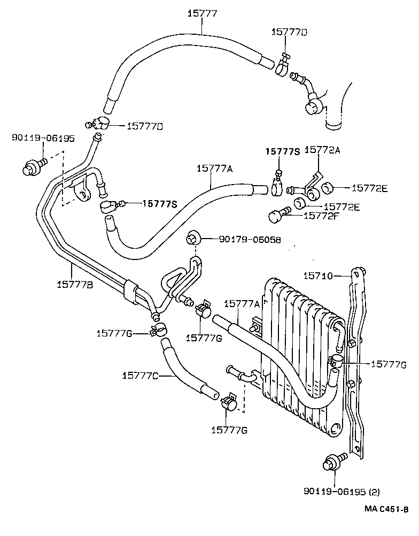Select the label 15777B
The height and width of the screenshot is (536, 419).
[74, 285]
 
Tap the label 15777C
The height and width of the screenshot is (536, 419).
[139, 376]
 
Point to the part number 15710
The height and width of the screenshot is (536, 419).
[318, 276]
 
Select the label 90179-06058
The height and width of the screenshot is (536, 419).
[250, 240]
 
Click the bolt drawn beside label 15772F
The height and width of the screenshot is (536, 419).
[277, 217]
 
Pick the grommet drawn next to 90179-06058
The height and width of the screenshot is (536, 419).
[192, 238]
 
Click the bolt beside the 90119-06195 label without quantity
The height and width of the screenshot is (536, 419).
[33, 167]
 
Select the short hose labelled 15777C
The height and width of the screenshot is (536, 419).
[187, 372]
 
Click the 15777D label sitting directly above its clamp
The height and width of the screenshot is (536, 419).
[289, 33]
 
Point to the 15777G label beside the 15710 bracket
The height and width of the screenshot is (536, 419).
[389, 365]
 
